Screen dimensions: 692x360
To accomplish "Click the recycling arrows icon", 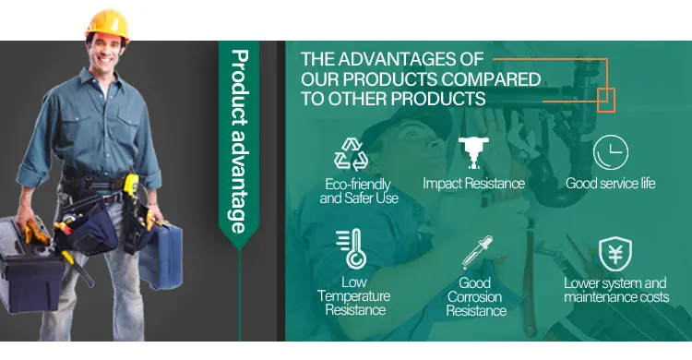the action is (x=351, y=154).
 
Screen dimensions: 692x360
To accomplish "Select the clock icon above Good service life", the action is (x=611, y=152).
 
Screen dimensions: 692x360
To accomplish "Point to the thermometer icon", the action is (x=352, y=248).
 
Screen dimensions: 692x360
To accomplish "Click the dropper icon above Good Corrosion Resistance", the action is (x=478, y=252).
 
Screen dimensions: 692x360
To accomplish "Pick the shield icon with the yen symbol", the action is (x=615, y=254).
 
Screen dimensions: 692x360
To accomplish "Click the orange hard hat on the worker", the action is (x=108, y=25).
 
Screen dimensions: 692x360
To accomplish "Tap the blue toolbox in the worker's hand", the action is (x=161, y=256).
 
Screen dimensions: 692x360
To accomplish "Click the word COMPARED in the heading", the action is (x=491, y=79).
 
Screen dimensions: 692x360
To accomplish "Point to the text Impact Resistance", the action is (x=473, y=184).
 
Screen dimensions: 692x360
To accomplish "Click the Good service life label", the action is (x=611, y=184).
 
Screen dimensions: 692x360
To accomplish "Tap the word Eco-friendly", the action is (x=357, y=184).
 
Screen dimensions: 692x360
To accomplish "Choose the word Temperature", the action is (x=354, y=296).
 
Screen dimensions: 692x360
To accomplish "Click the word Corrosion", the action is (x=474, y=297).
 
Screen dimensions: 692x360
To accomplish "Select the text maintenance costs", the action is (x=616, y=297).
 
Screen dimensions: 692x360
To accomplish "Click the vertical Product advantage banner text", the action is (x=240, y=141).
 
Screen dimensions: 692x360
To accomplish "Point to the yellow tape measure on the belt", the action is (x=131, y=185).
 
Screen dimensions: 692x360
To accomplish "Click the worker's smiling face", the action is (x=106, y=52).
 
